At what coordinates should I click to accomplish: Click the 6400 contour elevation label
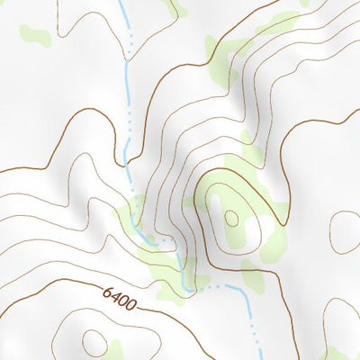[x=120, y=298]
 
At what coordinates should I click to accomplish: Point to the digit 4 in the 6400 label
[x=116, y=296]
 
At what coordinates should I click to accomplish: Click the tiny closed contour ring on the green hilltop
[x=231, y=217]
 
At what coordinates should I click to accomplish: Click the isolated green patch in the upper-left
[x=33, y=36]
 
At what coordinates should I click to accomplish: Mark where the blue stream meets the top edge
[x=121, y=2]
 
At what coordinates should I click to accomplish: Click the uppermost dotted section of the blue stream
[x=131, y=40]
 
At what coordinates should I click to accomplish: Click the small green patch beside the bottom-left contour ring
[x=114, y=347]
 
